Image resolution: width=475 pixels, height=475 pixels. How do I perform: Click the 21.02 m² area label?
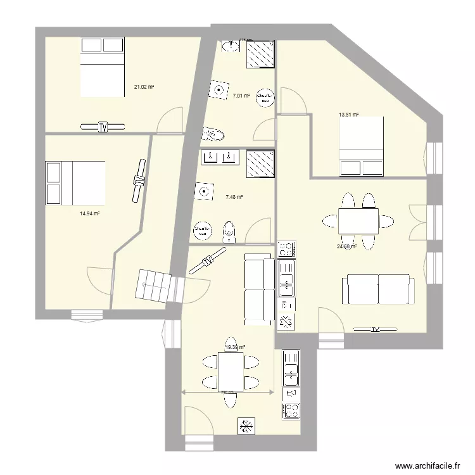144,87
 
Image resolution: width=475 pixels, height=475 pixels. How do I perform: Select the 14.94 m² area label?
90,213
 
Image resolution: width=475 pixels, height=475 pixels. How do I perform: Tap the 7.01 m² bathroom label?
241,96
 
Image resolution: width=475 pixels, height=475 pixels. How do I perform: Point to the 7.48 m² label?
234,197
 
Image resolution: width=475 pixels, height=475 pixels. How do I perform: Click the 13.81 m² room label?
349,115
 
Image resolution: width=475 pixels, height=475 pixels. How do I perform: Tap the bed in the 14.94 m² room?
75,183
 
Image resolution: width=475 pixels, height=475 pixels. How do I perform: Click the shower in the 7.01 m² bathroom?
260,54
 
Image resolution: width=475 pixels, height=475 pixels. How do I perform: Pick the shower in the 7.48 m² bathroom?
260,163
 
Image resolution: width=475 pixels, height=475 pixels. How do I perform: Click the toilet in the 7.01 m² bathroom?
214,134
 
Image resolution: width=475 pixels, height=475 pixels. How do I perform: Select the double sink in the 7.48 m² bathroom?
220,156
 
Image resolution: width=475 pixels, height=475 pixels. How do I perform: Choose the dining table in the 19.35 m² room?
231,372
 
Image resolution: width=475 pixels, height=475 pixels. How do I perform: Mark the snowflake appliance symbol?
246,426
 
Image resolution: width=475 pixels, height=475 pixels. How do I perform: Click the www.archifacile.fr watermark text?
427,464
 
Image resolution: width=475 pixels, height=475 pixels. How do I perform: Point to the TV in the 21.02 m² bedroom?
103,127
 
